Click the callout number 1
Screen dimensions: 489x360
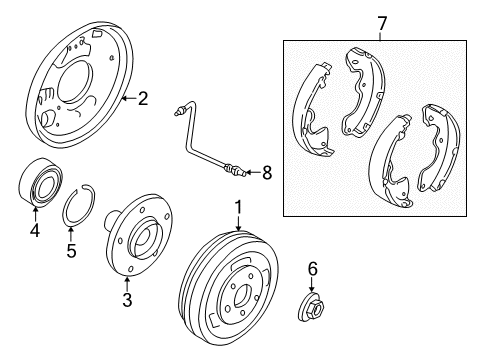tap(238, 207)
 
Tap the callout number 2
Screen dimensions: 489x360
tap(143, 99)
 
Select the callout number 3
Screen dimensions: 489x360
tap(127, 299)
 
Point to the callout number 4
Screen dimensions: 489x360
tap(35, 230)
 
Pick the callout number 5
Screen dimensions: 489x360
tap(71, 250)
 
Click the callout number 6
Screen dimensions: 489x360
tap(312, 269)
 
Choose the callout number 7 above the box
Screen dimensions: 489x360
tap(382, 23)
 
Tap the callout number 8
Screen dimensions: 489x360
tap(267, 173)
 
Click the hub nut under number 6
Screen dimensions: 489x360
tap(311, 308)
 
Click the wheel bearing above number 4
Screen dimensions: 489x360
tap(40, 183)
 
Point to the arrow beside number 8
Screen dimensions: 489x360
tap(253, 173)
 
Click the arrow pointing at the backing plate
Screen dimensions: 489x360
tap(129, 98)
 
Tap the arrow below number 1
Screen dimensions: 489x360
tap(238, 223)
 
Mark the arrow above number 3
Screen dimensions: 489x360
tap(127, 284)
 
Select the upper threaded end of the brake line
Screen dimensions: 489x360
tap(179, 111)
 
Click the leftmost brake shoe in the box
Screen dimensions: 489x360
tap(312, 110)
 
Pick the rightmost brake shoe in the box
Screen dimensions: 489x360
tap(438, 148)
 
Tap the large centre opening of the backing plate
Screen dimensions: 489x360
tap(76, 83)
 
